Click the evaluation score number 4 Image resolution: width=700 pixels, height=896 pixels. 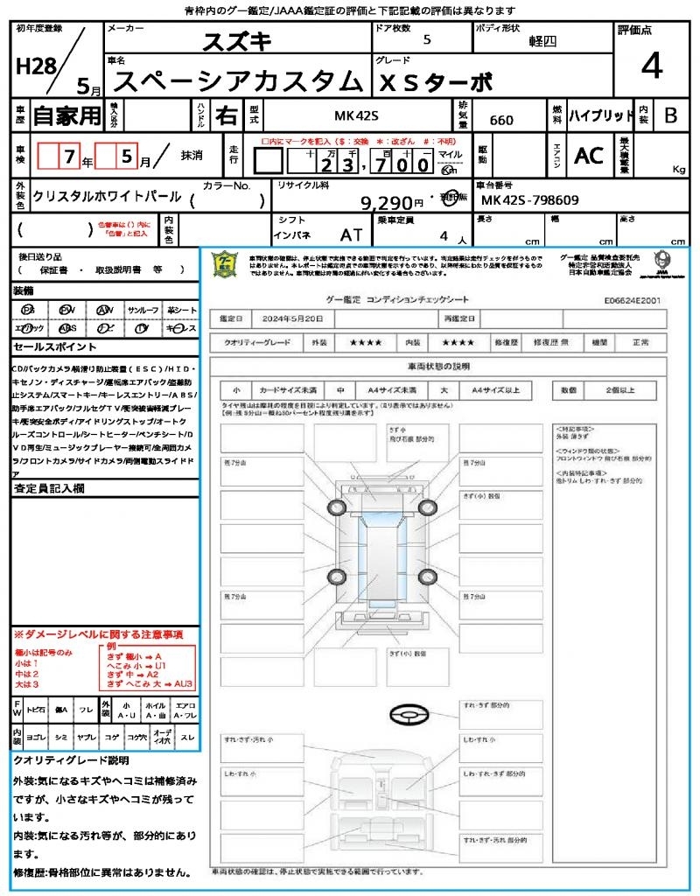(x=651, y=66)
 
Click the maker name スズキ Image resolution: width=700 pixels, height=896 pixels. (x=237, y=41)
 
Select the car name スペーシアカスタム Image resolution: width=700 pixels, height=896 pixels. (x=238, y=81)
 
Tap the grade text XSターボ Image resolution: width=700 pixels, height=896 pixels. (x=435, y=82)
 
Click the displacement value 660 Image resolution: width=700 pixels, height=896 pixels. (x=501, y=121)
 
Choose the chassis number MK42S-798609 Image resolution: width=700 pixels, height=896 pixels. (x=529, y=200)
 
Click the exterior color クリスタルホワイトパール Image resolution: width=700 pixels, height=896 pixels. (x=107, y=197)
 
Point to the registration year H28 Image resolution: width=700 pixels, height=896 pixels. (x=34, y=67)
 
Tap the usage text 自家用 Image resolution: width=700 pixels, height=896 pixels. (x=66, y=115)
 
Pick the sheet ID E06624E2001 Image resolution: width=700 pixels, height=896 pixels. (x=633, y=299)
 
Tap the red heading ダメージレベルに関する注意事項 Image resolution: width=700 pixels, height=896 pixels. (x=101, y=633)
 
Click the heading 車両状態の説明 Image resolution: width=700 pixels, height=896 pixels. (x=438, y=366)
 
